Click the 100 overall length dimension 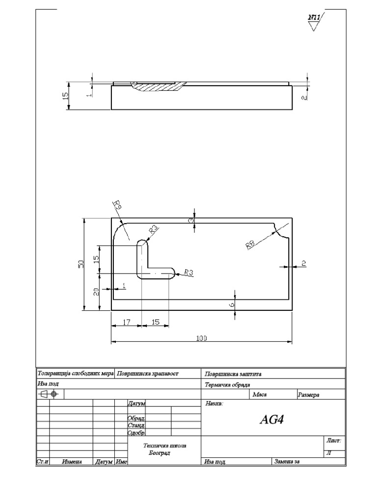point(202,338)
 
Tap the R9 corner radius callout point(117,205)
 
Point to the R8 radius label point(251,244)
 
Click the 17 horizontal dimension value point(126,322)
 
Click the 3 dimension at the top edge point(191,221)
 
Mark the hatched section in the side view point(160,87)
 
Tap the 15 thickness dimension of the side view point(66,96)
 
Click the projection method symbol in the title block point(49,394)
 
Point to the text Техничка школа point(164,446)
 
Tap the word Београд point(159,453)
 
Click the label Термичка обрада point(227,385)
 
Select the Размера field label point(308,395)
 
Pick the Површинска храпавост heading point(148,374)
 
